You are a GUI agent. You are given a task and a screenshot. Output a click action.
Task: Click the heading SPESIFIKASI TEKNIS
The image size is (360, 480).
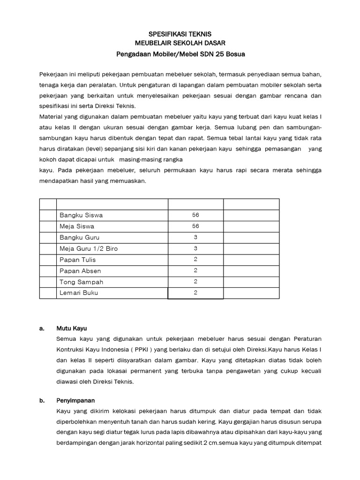coord(180,34)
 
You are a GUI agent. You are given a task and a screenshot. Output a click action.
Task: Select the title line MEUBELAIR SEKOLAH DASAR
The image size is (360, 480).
coord(180,44)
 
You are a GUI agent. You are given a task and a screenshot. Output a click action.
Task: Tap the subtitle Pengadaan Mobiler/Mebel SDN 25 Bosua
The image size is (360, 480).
coord(180,54)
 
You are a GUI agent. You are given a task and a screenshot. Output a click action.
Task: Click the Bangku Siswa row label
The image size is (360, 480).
coord(81,215)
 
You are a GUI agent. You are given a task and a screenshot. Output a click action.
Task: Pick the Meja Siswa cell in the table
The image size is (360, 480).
coord(77,226)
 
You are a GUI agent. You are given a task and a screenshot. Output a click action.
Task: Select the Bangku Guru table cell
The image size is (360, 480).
coord(80,238)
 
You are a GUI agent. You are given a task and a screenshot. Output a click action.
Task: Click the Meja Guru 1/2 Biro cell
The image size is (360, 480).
coord(89,248)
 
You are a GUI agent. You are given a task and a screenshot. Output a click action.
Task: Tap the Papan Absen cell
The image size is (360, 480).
coord(80,271)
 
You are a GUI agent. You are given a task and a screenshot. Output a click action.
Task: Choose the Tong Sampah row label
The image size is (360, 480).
coord(82,282)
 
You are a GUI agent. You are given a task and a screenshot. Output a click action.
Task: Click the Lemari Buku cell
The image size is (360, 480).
coord(79,293)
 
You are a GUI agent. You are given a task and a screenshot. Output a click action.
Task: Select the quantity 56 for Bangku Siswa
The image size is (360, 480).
coord(195,215)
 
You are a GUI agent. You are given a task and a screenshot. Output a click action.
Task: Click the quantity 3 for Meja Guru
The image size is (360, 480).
coord(195,248)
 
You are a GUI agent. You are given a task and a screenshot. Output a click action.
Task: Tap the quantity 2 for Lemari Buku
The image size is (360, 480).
coord(195,293)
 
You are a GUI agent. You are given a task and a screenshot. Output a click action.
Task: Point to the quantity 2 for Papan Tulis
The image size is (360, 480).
coord(195,260)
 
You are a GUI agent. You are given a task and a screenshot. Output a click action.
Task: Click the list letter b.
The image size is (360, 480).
coord(42,401)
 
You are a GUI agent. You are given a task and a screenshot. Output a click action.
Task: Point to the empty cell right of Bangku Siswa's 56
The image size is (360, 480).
coord(251,215)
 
